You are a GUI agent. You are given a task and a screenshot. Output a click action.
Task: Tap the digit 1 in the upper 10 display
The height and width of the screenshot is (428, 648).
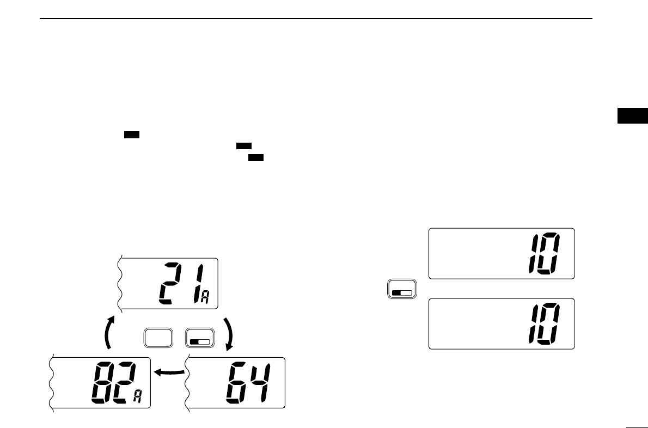coord(534,254)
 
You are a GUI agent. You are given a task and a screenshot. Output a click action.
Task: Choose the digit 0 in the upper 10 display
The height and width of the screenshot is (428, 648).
coord(549,254)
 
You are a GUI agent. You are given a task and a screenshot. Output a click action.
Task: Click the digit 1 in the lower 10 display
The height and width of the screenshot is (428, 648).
coord(534,325)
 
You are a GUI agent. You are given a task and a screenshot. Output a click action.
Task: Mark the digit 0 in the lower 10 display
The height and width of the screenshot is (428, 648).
coord(549,325)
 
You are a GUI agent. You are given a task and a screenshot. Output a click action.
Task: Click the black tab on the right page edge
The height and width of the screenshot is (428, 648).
coord(633,116)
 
